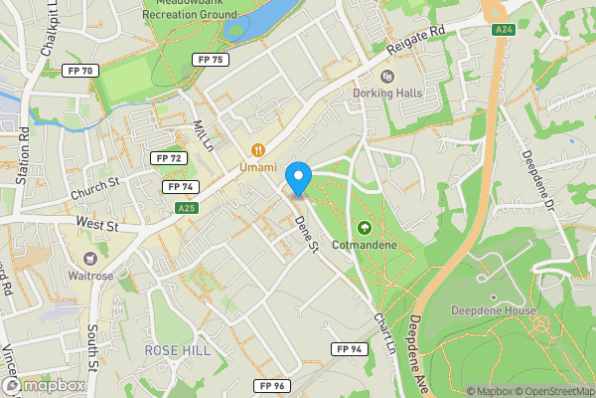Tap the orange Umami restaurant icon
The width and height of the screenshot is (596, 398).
257,150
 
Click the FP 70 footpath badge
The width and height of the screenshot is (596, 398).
78,71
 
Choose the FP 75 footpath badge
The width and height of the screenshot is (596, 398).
212,60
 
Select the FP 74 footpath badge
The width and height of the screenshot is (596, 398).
180,186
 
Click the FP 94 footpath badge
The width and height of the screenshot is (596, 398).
350,348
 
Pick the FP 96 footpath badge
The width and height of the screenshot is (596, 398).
269,385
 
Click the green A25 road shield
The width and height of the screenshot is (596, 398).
186,208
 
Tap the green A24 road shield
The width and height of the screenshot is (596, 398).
505,31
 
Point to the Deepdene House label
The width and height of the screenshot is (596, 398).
493,310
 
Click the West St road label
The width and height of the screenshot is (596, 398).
97,226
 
